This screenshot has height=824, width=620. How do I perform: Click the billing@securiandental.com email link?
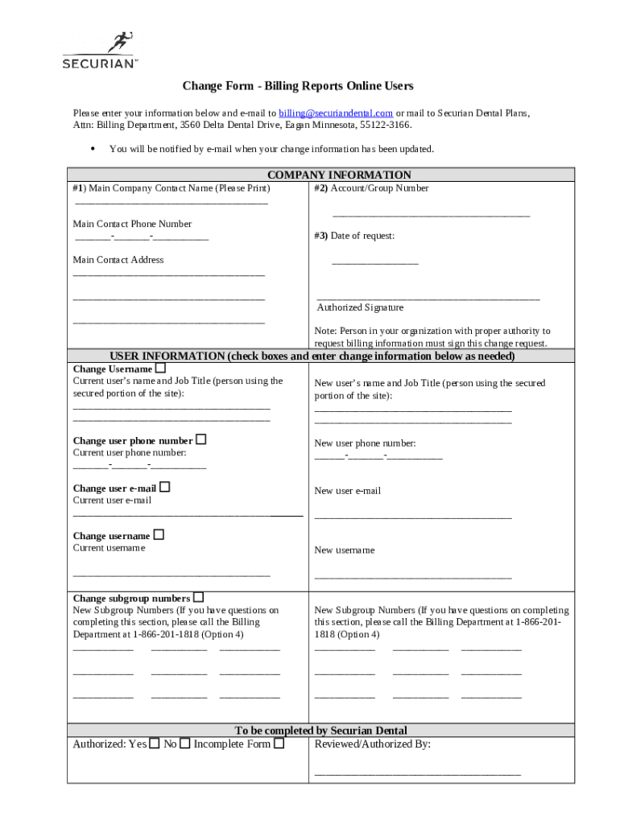coord(336,113)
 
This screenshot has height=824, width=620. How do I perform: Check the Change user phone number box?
coord(200,439)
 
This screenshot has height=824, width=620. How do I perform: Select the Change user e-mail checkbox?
coord(164,487)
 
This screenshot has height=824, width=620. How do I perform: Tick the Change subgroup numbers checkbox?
coord(198,597)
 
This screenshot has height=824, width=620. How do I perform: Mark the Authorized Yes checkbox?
coord(154,744)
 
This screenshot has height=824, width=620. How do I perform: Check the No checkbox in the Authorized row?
coord(184,744)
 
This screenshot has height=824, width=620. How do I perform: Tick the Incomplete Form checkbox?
coord(279,744)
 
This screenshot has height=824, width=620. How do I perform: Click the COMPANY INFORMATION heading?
coord(339,175)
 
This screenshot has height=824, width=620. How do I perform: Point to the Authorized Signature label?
coord(360,307)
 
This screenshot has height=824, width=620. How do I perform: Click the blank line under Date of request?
coord(374,263)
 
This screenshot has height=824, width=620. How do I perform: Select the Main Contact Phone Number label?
coord(132,224)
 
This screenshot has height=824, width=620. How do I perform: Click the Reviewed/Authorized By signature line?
coord(417,773)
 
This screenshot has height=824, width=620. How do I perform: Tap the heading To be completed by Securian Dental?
coord(320,731)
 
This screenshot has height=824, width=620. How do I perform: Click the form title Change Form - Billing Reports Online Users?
coord(297,86)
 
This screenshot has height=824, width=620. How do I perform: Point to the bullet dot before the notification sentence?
coord(93,149)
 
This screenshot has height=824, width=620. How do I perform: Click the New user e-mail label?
coord(347,491)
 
